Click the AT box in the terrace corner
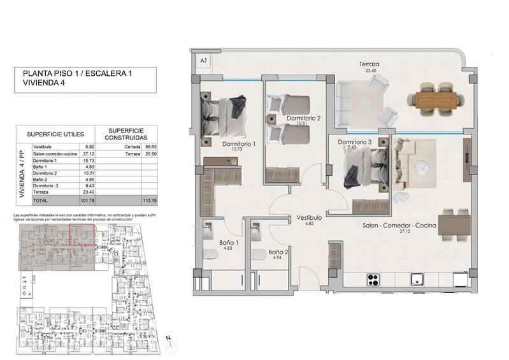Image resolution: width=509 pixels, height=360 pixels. pos(204,61)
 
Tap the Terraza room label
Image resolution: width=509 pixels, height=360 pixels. pos(369,65)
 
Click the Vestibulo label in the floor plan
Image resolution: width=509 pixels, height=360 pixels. pos(309,218)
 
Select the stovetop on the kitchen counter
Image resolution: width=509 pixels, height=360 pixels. pos(373,278)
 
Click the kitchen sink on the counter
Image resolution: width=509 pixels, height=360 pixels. pos(419,278)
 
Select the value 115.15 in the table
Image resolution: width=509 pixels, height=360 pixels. pos(150,199)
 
